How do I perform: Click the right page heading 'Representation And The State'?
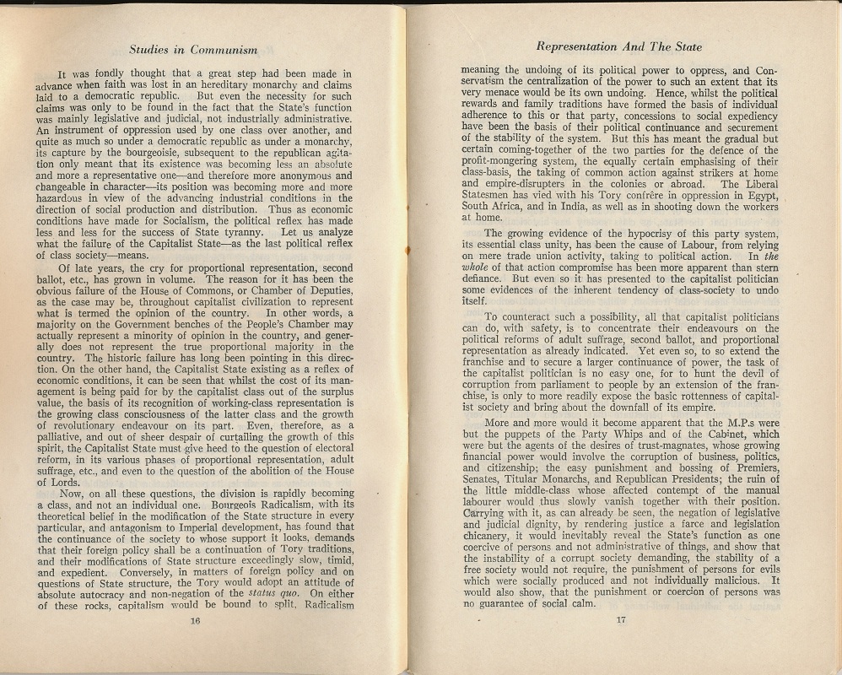coord(619,47)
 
